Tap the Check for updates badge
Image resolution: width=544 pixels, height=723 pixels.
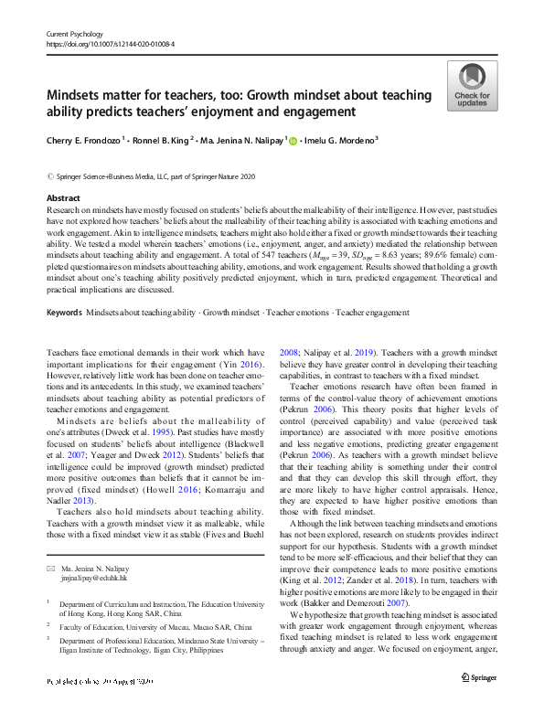[x=471, y=86]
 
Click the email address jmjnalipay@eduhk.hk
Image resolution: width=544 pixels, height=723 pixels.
[x=99, y=578]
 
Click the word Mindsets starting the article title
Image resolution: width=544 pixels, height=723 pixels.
[x=79, y=95]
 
